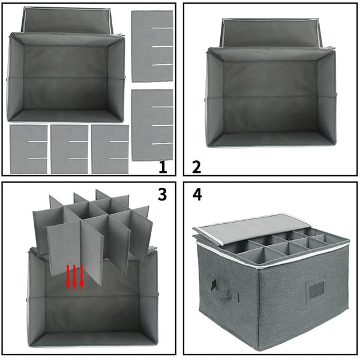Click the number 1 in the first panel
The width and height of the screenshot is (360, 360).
pos(163,167)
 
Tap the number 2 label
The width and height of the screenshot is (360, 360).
pos(196,167)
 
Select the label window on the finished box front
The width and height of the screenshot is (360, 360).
pos(316,290)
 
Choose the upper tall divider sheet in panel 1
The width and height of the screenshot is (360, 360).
pos(152,46)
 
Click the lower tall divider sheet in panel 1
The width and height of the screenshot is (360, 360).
pos(152,125)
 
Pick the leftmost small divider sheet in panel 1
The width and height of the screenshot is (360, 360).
pos(28,149)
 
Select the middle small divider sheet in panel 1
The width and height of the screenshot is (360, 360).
pos(69,149)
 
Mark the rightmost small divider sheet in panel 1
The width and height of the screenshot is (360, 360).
pos(109,149)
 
